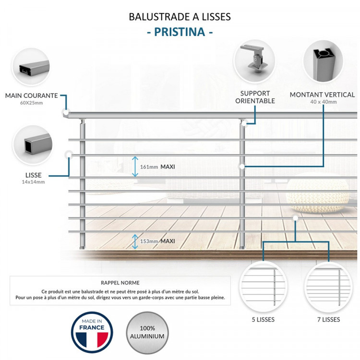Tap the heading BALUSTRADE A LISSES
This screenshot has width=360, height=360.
coord(180,16)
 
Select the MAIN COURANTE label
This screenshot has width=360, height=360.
coord(31,96)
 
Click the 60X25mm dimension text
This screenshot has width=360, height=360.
coord(31,103)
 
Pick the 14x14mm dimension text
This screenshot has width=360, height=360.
coord(33,182)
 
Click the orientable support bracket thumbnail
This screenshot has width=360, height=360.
coord(254,61)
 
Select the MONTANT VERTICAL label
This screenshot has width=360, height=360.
coord(322,95)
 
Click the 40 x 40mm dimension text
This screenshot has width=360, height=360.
coord(322,102)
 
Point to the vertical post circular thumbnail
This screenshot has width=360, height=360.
coord(323,61)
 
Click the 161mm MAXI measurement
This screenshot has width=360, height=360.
coord(157,167)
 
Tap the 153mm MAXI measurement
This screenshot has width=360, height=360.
coord(157,241)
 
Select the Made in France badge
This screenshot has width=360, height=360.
coord(92,332)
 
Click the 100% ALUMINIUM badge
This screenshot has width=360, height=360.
coord(147,332)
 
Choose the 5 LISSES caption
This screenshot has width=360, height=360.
coord(263,319)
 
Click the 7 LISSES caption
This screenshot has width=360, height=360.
coord(328,319)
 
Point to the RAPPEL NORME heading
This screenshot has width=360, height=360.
coord(120,283)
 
